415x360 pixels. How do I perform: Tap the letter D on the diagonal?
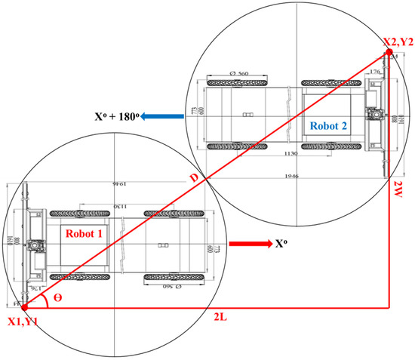[195, 177]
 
